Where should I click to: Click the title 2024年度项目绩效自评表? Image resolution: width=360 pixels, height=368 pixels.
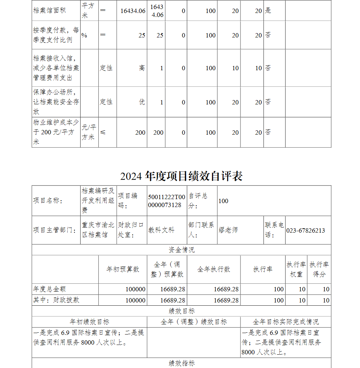[181, 176]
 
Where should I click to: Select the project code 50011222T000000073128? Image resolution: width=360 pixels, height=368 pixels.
[167, 201]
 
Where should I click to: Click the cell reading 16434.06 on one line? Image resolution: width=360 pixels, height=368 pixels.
[133, 11]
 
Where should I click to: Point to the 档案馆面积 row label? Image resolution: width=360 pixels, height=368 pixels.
[49, 10]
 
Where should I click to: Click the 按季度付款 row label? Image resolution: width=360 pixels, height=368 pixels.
[56, 35]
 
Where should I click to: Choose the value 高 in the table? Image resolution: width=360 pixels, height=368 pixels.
[142, 68]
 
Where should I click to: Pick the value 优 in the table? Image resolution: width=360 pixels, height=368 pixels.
[142, 102]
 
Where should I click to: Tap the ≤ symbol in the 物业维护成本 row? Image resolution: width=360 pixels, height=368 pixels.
[103, 133]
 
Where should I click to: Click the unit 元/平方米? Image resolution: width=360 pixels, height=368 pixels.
[89, 132]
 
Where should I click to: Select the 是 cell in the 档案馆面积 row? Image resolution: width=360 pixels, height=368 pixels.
[268, 10]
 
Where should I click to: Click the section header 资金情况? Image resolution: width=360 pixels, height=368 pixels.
[181, 250]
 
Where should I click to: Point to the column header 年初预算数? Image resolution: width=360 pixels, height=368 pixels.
[123, 269]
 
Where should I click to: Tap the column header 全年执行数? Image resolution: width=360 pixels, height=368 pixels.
[213, 269]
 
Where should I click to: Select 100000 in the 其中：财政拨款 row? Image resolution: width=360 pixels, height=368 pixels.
[135, 300]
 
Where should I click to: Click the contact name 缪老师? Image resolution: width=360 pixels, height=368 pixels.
[228, 230]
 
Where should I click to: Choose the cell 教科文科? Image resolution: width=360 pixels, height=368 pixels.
[161, 230]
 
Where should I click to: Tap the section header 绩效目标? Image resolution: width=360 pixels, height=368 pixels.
[181, 311]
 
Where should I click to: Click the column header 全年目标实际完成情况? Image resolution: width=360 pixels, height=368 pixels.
[285, 322]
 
